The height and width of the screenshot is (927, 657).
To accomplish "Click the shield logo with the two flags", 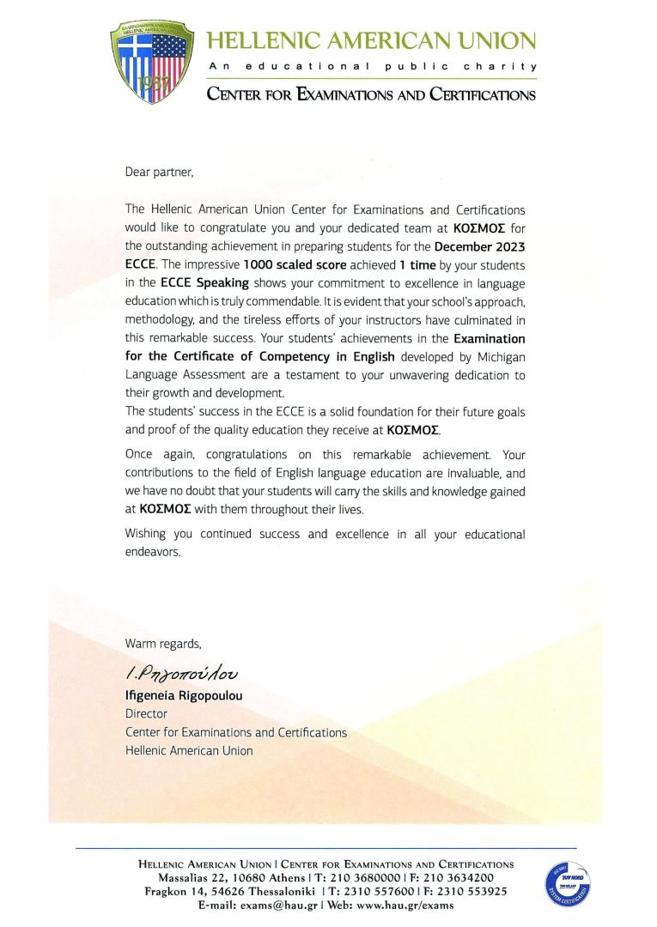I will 152,63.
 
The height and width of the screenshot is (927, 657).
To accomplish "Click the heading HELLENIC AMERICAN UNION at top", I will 371,39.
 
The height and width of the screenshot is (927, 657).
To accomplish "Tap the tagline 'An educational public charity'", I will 371,66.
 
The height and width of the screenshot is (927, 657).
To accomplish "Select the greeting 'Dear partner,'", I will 160,172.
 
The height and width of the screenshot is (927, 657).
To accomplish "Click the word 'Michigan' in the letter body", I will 495,356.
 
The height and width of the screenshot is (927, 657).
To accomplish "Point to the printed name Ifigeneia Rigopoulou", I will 184,696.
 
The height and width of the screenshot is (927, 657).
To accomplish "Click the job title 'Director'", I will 146,714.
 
